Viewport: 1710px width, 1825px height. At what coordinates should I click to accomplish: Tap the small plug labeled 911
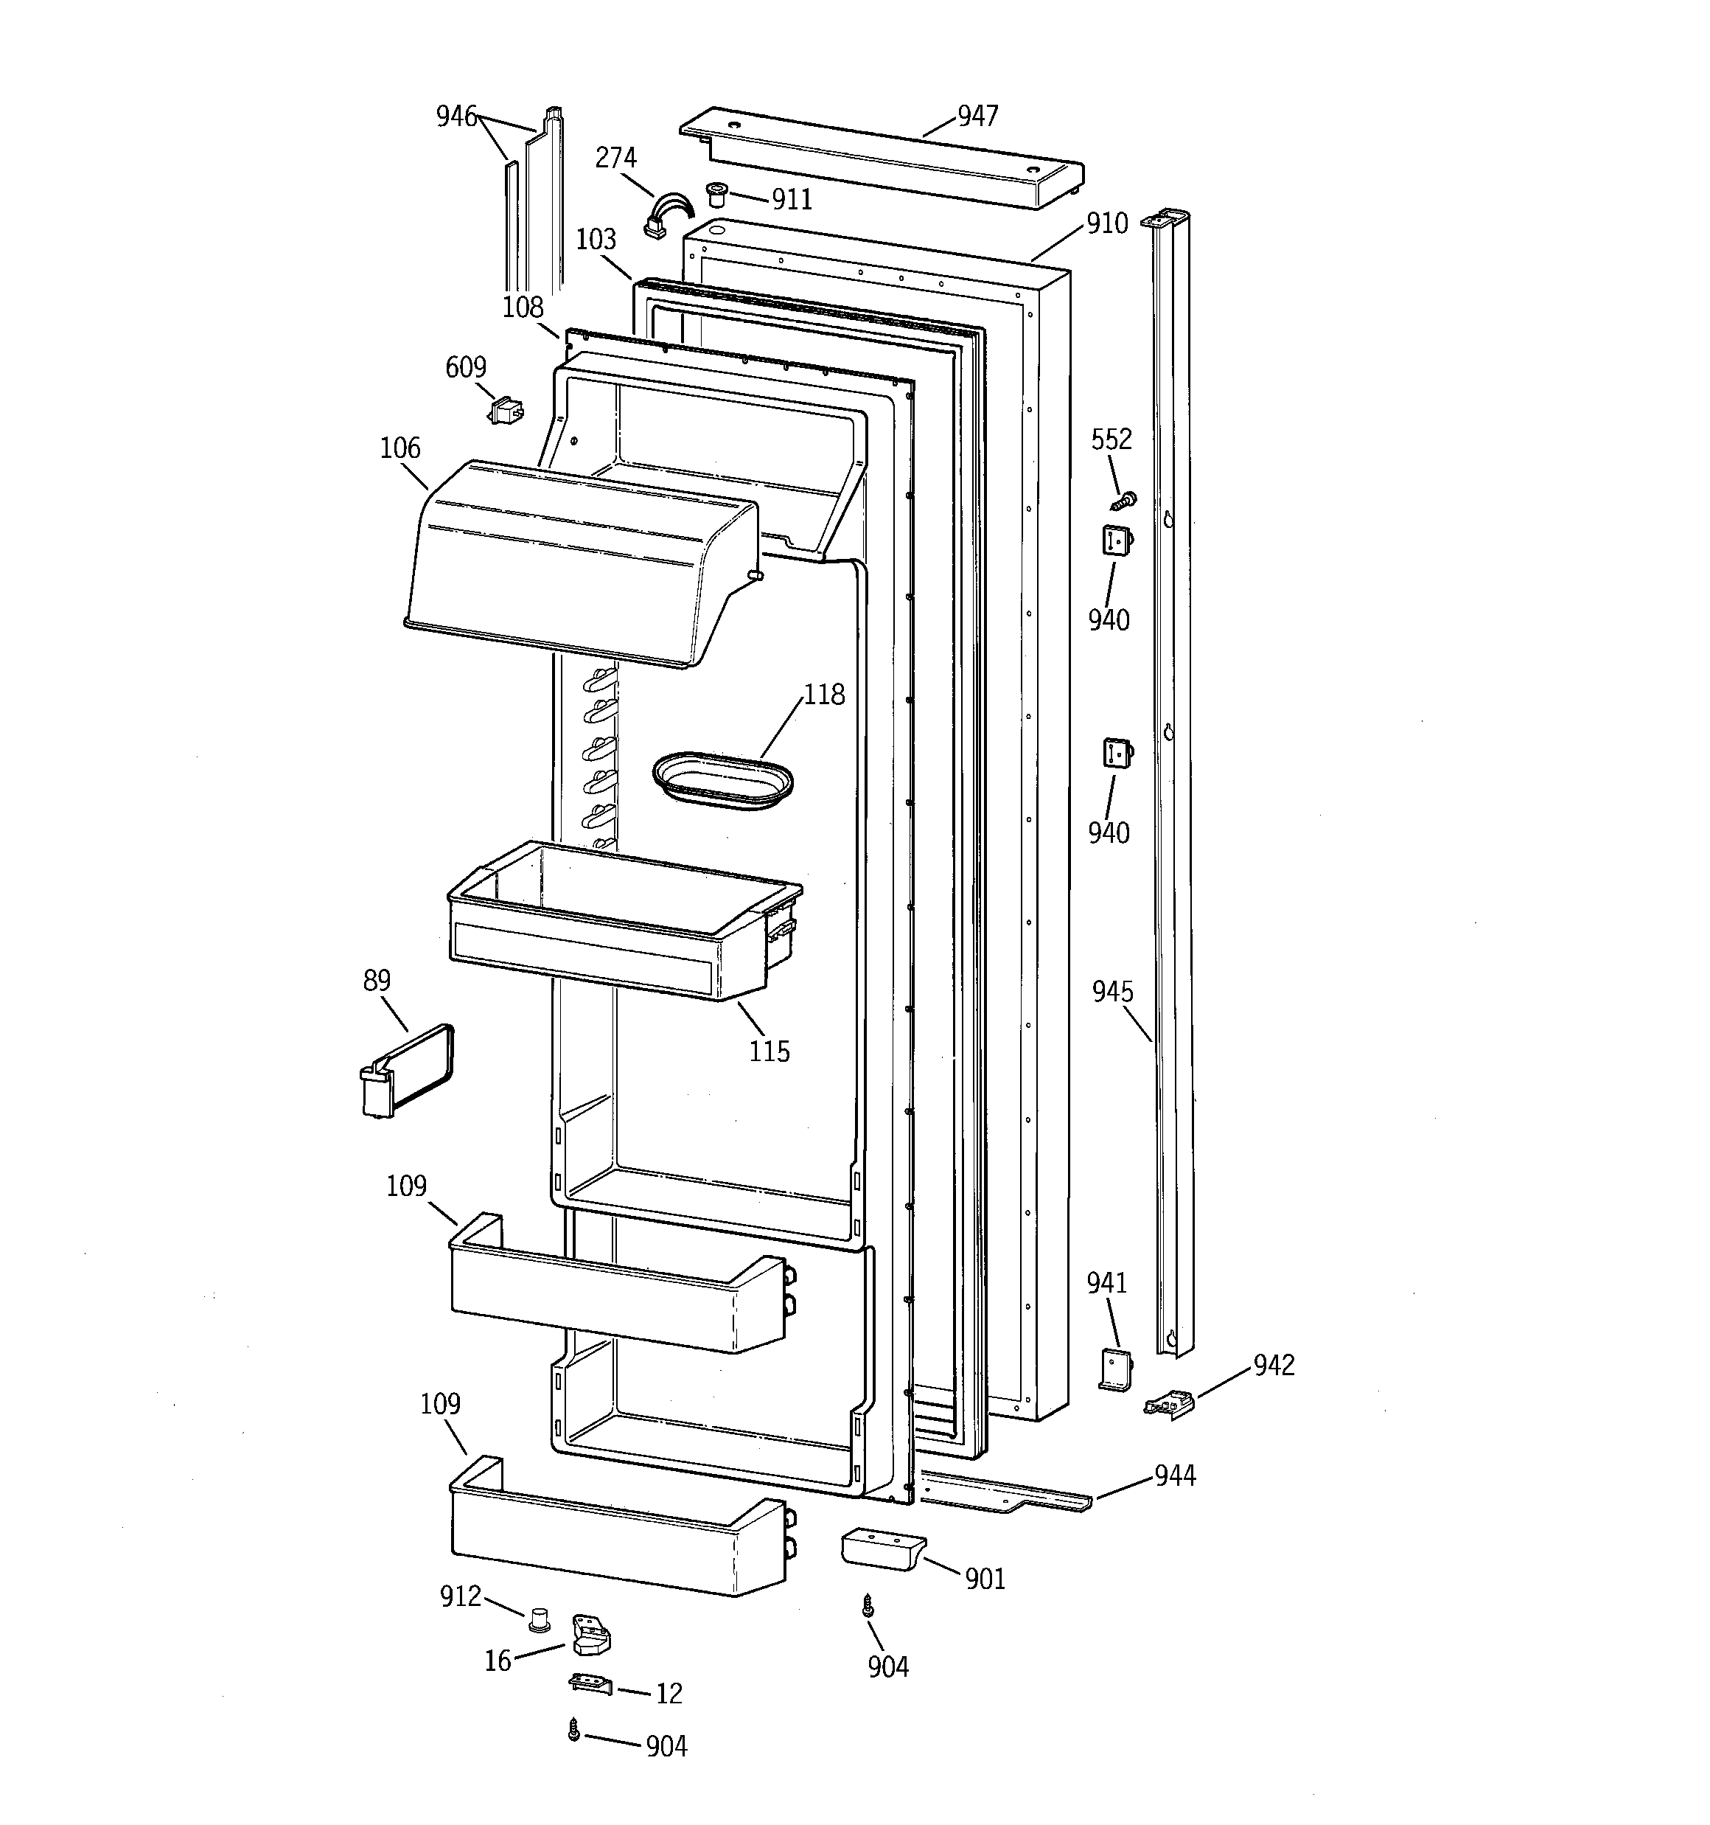pos(715,194)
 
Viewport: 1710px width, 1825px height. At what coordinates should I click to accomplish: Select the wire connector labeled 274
pos(663,216)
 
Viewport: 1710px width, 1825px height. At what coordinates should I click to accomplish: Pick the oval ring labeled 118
pos(722,781)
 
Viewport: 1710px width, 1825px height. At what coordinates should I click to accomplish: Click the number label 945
pos(1112,992)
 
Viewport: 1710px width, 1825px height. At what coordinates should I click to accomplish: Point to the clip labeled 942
pos(1168,1404)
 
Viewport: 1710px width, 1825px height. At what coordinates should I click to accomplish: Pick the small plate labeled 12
pos(589,1683)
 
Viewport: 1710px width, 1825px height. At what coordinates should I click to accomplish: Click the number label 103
pos(596,240)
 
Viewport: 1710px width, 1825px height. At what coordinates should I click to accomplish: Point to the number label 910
pos(1107,223)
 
